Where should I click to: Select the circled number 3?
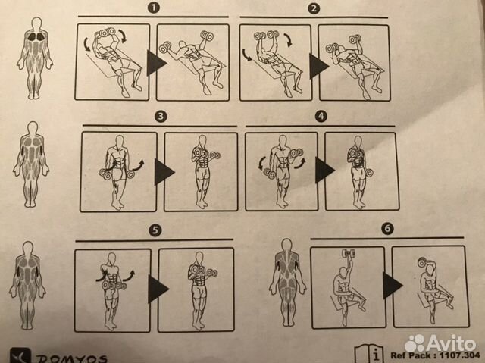coord(160,117)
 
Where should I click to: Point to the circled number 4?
coord(321,117)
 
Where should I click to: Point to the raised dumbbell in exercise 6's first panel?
coord(349,255)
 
